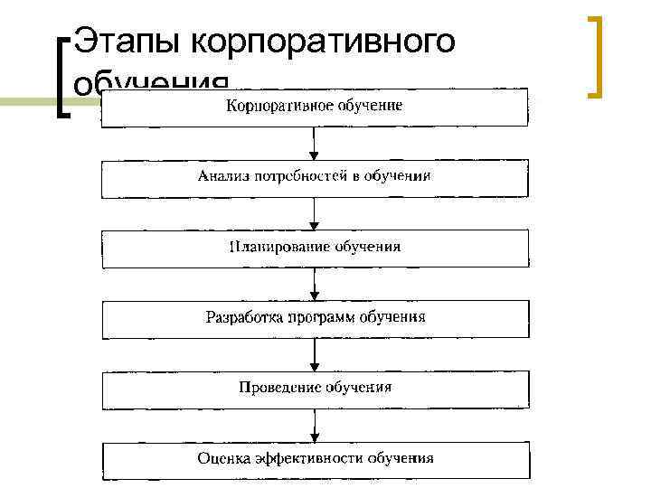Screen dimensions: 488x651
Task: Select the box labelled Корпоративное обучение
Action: point(314,108)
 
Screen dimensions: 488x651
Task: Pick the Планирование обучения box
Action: point(314,247)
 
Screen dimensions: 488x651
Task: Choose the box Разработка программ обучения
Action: point(314,318)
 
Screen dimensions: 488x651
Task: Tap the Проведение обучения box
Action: point(314,388)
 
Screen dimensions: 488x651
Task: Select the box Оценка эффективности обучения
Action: point(314,458)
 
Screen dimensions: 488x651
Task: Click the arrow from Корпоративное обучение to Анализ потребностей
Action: point(314,144)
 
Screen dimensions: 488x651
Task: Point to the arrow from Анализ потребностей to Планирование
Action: point(314,213)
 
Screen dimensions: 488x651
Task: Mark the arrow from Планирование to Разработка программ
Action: point(314,284)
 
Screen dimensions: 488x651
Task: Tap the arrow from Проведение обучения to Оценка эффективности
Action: point(314,424)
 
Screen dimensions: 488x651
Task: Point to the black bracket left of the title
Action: point(61,78)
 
